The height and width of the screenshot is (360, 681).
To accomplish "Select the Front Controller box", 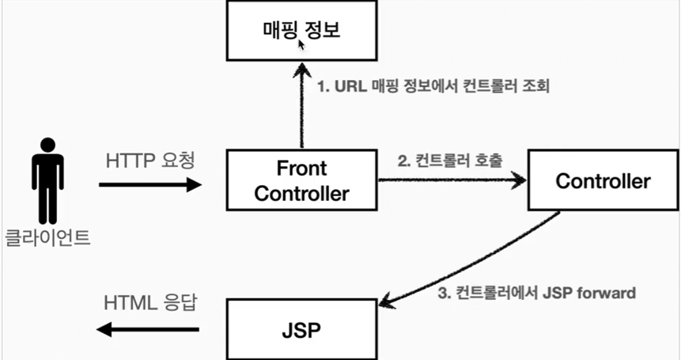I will click(302, 180).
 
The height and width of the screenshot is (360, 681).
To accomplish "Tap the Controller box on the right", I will click(603, 180).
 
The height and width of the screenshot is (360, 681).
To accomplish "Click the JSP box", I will click(302, 328).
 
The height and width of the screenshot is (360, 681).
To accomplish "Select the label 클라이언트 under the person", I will click(48, 237).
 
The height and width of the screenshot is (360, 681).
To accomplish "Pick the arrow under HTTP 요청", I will click(150, 185).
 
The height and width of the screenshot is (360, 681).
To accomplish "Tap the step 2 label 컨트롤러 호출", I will click(448, 161).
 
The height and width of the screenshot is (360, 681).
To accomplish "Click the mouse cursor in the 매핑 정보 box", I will click(301, 44).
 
